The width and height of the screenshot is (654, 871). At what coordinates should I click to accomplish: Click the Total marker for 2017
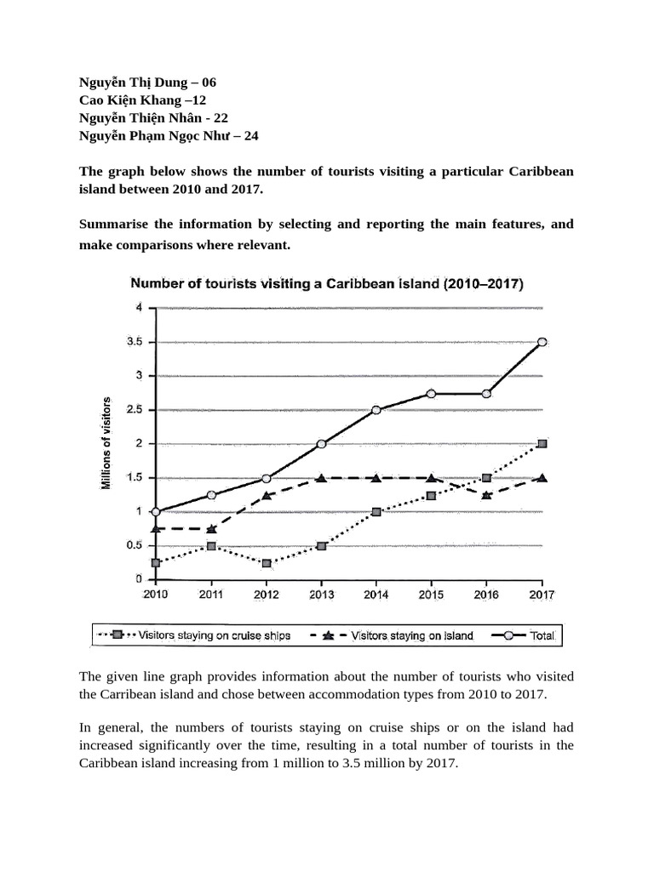[542, 342]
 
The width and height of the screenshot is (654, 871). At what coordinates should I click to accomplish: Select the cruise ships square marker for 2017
[542, 444]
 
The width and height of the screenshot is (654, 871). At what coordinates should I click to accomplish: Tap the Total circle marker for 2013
[321, 444]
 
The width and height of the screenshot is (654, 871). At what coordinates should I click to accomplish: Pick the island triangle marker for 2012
[266, 495]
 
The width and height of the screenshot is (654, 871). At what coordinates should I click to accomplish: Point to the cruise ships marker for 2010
[156, 563]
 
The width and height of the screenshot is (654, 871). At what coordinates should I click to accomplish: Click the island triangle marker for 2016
[486, 495]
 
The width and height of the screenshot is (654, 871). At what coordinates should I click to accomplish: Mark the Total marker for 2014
[376, 410]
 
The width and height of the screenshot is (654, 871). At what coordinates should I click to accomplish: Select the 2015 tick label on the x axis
[431, 595]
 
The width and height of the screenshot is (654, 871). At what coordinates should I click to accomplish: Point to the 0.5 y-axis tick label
[134, 545]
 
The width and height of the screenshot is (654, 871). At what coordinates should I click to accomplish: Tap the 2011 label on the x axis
[211, 595]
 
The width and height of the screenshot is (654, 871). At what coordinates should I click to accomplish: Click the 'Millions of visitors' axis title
[107, 442]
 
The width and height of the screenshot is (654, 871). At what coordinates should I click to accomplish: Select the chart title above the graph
[326, 283]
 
